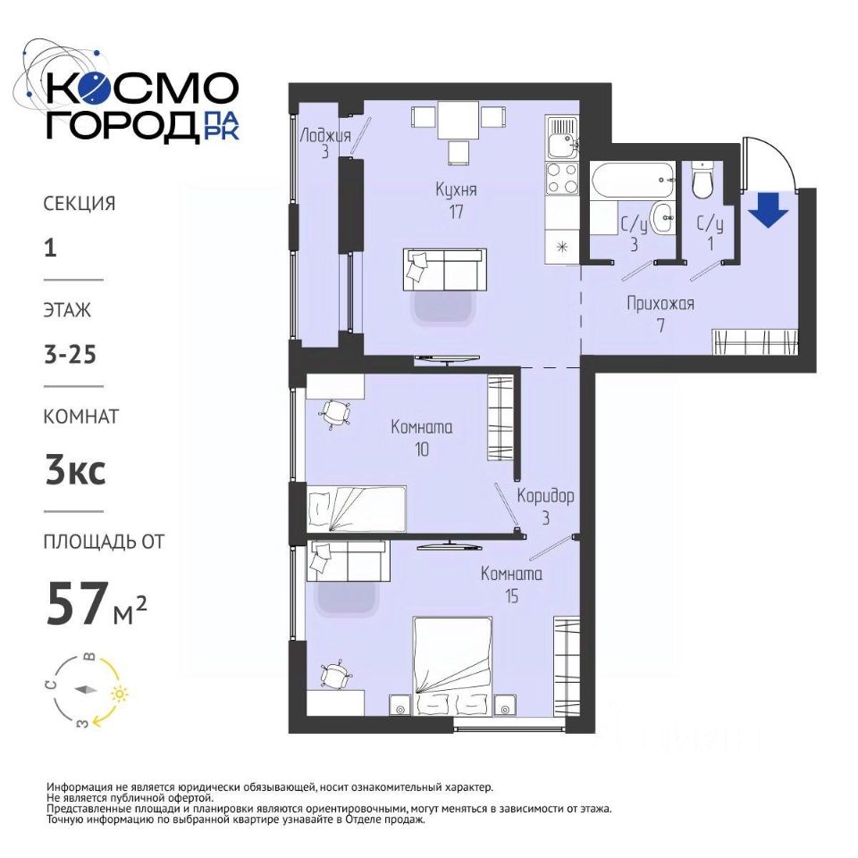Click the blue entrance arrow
pos(769,209)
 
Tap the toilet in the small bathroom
pos(702,180)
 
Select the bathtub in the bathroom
pos(633,181)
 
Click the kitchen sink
pos(562,137)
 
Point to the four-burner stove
pos(562,178)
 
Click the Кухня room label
pos(456,190)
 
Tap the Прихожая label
pos(660,304)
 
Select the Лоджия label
pos(325,135)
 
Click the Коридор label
pos(545,496)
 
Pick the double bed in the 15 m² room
pos(453,665)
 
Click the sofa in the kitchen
pos(445,269)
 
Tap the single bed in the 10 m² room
pos(357,509)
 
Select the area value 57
pos(75,603)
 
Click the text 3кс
pos(75,471)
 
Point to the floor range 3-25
pos(70,355)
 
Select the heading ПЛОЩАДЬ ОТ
pos(104,542)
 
